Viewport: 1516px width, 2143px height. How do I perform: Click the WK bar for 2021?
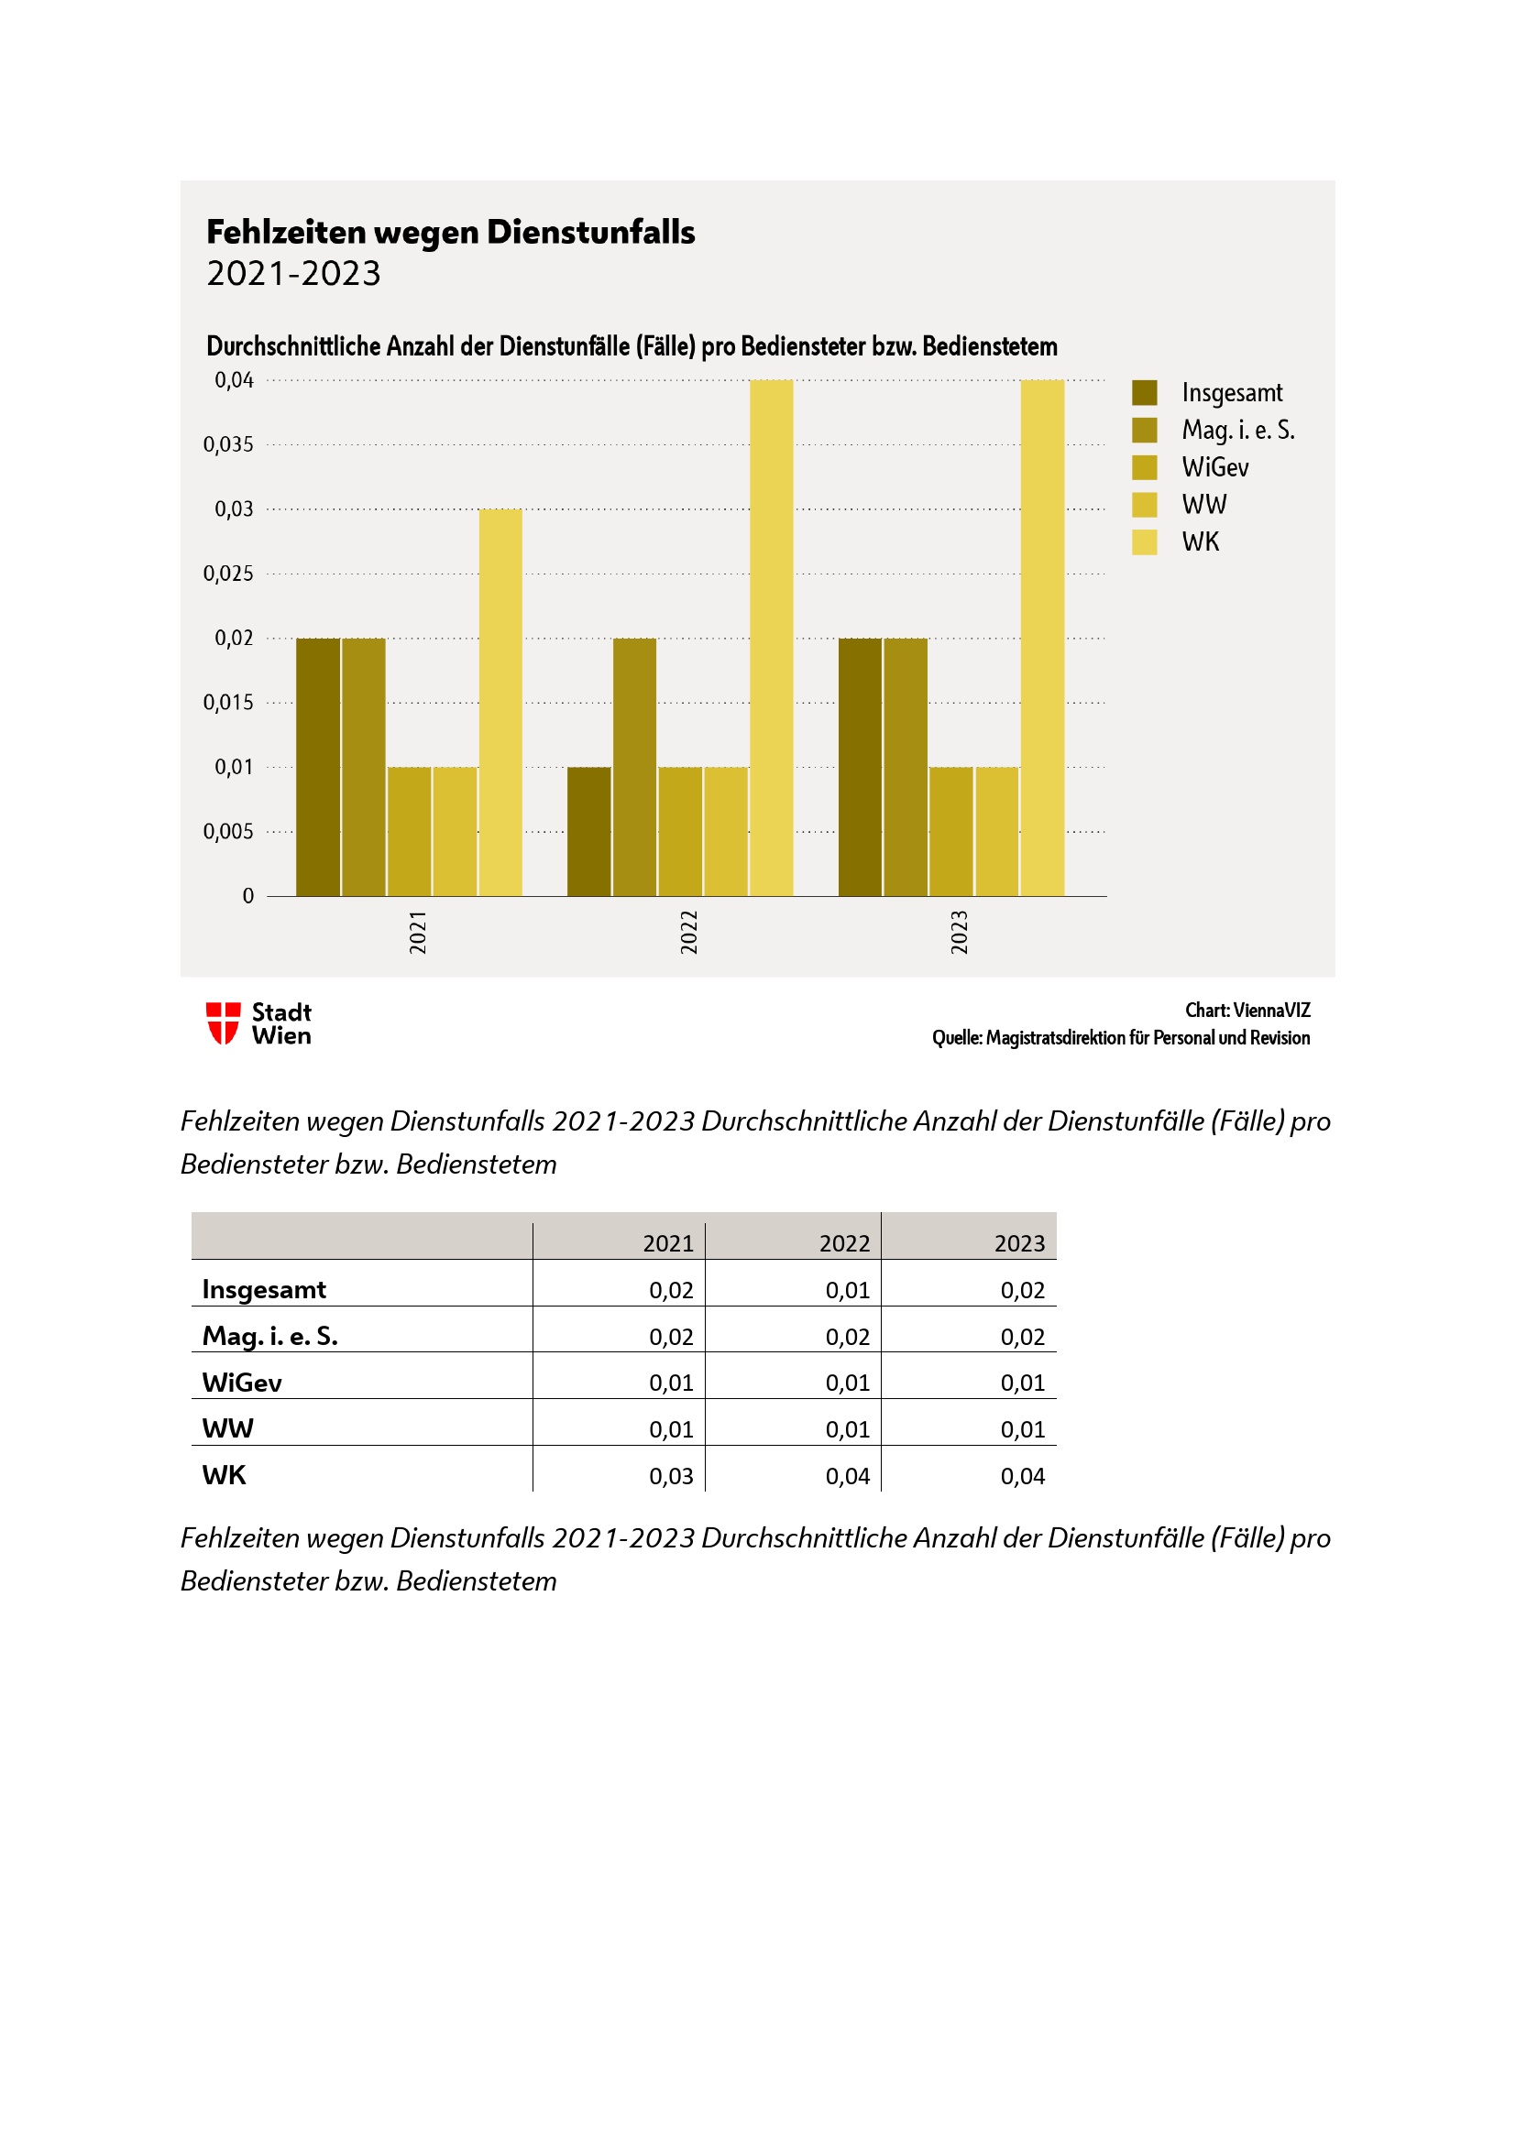pos(500,702)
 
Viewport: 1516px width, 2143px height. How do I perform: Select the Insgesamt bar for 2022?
pos(589,831)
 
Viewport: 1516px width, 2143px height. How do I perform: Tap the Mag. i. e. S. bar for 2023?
pos(906,766)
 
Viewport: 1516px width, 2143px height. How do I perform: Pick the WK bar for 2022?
pos(771,638)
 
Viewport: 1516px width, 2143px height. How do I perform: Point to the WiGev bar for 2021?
pos(409,831)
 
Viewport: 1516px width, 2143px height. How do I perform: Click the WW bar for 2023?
pos(997,831)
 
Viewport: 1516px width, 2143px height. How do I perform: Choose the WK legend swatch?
pos(1145,542)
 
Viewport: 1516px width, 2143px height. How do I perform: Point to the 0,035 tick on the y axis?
pos(229,444)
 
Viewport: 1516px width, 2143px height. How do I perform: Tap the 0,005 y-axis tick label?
pos(229,832)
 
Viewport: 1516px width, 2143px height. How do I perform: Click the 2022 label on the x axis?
pos(689,932)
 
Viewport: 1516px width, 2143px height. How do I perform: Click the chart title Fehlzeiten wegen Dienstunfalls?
pos(451,232)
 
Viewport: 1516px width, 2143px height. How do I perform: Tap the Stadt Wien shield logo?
pos(223,1023)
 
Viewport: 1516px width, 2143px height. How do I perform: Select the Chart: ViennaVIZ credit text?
pos(1247,1010)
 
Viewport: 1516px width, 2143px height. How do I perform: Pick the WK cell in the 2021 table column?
pos(671,1476)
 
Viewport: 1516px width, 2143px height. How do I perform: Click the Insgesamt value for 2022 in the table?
pos(847,1290)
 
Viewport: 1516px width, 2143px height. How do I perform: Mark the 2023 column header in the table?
pos(1019,1243)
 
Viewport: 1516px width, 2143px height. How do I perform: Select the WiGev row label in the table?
pos(242,1383)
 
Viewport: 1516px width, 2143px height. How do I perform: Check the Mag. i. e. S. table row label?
pos(269,1336)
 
